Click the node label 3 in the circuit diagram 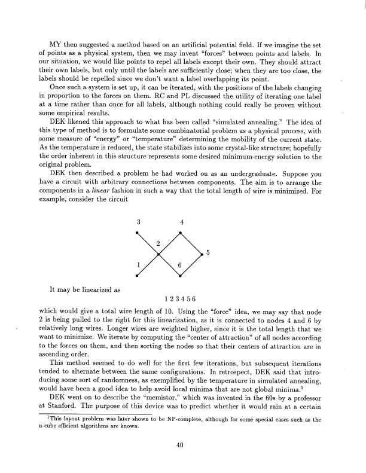point(138,222)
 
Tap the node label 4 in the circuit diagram point(181,222)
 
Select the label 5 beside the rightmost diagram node point(207,253)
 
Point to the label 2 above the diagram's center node point(158,243)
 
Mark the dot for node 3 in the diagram point(138,233)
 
